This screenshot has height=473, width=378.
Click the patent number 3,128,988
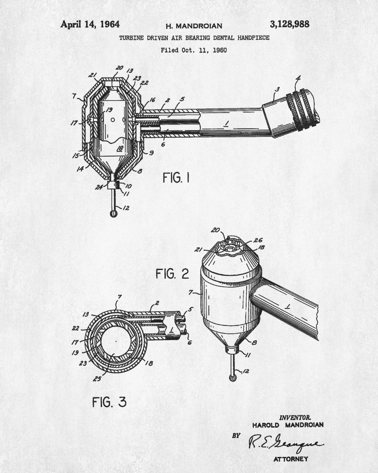289,24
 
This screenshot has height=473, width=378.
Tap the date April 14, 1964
90,24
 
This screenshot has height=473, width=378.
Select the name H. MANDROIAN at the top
194,26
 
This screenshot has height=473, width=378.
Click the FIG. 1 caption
176,177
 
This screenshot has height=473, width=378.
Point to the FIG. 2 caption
172,273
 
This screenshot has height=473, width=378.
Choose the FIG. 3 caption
109,402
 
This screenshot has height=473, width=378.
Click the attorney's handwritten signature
286,443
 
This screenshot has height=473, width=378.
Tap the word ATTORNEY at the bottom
291,459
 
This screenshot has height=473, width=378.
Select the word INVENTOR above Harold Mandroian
295,418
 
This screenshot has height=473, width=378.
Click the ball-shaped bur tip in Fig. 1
113,214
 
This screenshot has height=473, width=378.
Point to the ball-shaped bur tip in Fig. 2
232,377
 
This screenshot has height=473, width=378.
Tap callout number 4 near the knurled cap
298,79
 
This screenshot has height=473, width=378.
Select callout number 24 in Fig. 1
99,187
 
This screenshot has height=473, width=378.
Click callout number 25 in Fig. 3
97,378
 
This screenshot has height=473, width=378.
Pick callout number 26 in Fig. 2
258,240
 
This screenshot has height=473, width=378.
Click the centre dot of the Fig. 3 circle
116,341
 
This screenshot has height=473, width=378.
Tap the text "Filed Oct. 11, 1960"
194,50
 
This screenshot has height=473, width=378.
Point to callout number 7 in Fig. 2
190,292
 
